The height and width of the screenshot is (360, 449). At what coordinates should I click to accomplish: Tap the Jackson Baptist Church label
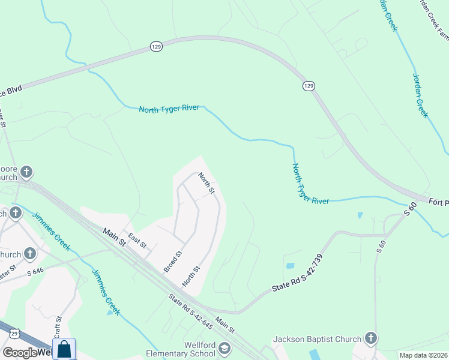tap(317, 339)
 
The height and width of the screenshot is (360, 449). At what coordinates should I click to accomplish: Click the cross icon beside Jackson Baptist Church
tap(371, 339)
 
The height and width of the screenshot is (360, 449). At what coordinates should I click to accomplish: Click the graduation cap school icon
tap(224, 349)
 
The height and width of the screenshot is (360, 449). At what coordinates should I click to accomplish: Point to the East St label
tap(137, 242)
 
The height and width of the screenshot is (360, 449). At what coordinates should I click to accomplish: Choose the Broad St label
tap(173, 261)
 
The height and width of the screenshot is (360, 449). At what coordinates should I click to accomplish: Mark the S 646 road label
tap(35, 271)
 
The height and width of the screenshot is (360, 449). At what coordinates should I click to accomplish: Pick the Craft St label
tap(58, 327)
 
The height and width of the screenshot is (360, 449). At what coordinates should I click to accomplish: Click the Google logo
tap(20, 353)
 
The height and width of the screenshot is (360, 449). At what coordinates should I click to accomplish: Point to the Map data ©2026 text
tap(424, 355)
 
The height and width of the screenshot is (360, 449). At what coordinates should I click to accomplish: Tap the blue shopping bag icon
tap(64, 349)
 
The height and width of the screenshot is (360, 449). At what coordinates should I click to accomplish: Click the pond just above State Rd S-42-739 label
tap(291, 266)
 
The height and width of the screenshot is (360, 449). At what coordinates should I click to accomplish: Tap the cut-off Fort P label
tap(439, 203)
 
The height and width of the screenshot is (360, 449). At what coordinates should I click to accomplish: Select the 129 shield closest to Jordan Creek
tap(308, 86)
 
